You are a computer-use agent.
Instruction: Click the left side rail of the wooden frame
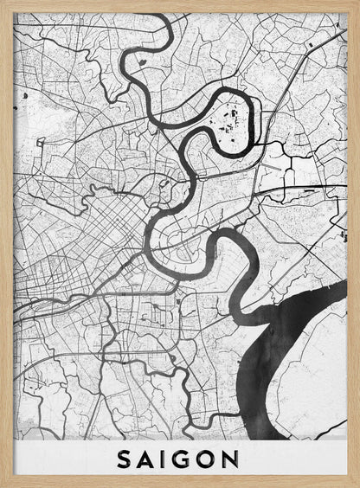[x=5, y=242]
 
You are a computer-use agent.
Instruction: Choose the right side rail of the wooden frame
[x=354, y=242]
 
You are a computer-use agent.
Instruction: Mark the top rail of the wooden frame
[x=180, y=5]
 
